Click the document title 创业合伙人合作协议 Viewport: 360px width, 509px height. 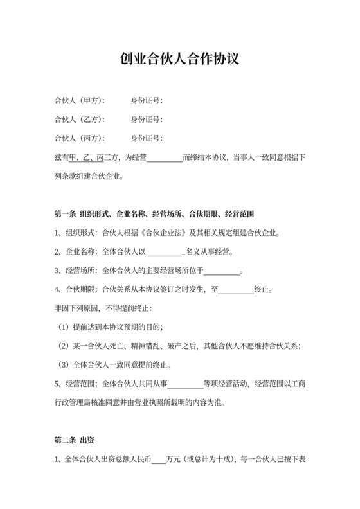180,60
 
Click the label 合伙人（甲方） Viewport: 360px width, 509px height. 80,101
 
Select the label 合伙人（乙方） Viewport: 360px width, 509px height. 80,120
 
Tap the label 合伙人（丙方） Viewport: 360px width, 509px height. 80,138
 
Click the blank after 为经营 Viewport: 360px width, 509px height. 165,157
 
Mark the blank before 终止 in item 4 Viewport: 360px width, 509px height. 236,289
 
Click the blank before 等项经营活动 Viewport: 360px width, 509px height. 185,384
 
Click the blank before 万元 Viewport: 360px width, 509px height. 157,460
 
